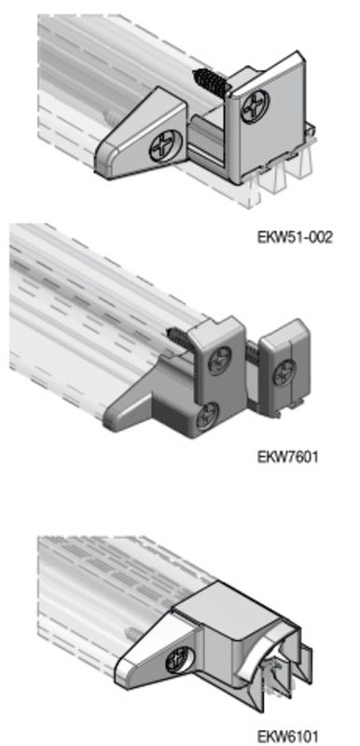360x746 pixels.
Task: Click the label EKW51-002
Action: click(295, 237)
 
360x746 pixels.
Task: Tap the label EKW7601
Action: click(287, 457)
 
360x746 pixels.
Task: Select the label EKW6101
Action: click(287, 736)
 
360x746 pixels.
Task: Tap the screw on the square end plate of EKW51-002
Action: click(256, 106)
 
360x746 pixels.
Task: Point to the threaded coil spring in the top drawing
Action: click(211, 83)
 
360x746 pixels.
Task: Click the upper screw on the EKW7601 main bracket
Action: click(220, 360)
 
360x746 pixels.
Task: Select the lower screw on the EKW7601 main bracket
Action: click(207, 417)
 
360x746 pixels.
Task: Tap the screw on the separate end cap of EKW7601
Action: click(284, 372)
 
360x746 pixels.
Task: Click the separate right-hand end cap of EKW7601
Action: click(284, 367)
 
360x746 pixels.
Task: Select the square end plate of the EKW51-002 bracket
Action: click(268, 117)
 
